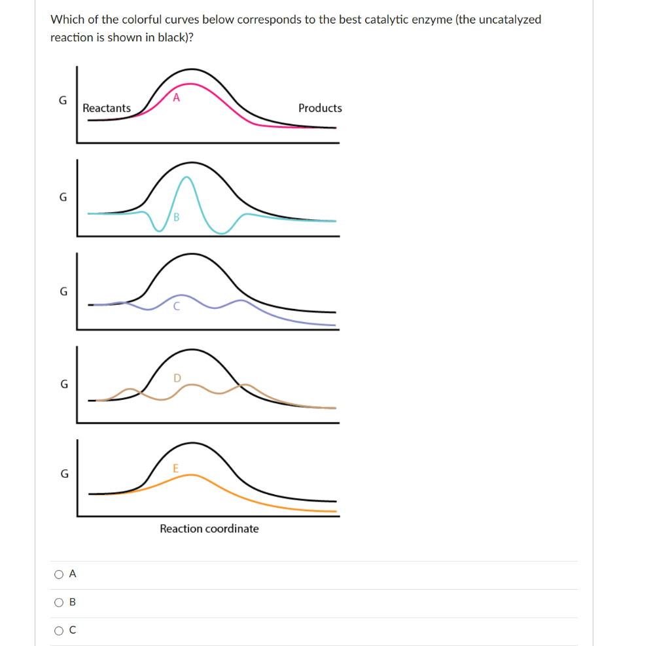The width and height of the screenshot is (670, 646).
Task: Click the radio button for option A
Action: (x=60, y=574)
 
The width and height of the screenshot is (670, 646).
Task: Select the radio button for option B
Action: (x=60, y=602)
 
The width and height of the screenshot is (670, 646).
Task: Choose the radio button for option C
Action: (x=60, y=631)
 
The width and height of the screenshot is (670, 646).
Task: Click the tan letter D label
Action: (x=177, y=377)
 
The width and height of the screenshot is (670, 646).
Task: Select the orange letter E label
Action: (x=175, y=468)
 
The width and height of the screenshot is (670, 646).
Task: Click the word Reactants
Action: (x=107, y=108)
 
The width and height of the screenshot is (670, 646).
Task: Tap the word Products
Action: (x=320, y=108)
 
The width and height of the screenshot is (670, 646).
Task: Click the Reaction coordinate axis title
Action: (x=209, y=529)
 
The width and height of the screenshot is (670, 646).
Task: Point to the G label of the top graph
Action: (x=63, y=101)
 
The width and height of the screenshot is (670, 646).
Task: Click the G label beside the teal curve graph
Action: (x=63, y=197)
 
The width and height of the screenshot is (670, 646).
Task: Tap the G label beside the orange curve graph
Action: (x=63, y=473)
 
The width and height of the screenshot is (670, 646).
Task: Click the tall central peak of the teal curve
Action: (x=187, y=177)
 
